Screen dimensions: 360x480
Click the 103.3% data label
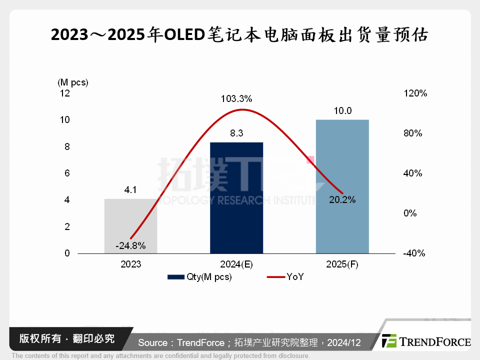236,98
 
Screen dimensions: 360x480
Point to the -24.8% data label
130,245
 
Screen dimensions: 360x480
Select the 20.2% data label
342,199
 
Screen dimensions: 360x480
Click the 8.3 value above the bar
236,133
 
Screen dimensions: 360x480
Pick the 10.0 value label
342,111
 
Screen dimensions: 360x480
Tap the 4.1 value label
130,190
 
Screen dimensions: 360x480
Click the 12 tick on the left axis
65,93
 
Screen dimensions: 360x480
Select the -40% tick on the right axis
414,253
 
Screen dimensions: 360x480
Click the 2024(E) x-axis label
236,264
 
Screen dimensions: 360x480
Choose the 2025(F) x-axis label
342,264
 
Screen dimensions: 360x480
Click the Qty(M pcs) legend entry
200,277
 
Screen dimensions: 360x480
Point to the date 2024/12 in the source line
344,342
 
